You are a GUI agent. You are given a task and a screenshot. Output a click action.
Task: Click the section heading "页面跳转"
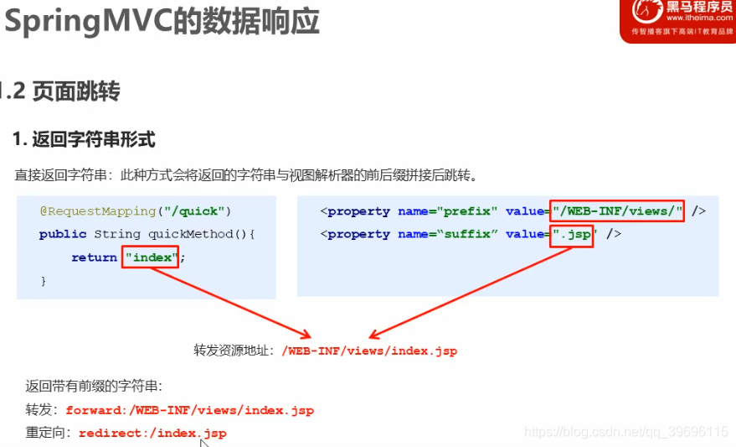pyautogui.click(x=76, y=91)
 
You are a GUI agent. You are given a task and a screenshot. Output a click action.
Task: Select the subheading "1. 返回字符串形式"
pyautogui.click(x=84, y=139)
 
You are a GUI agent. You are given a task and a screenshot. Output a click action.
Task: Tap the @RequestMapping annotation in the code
pyautogui.click(x=98, y=211)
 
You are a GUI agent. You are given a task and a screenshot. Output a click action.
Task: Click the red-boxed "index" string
pyautogui.click(x=151, y=257)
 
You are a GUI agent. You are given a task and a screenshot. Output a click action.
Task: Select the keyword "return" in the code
pyautogui.click(x=94, y=257)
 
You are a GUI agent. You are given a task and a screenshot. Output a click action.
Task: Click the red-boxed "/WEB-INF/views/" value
pyautogui.click(x=617, y=211)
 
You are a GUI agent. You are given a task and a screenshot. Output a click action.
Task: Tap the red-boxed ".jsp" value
pyautogui.click(x=572, y=234)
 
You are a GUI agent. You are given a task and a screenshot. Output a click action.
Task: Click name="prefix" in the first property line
pyautogui.click(x=448, y=211)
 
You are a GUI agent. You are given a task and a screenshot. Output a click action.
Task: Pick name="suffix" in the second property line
pyautogui.click(x=448, y=234)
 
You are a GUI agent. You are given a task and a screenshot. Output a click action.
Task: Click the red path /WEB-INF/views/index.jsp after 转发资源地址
pyautogui.click(x=369, y=351)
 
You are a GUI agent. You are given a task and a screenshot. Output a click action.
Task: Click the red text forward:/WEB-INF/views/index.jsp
pyautogui.click(x=189, y=410)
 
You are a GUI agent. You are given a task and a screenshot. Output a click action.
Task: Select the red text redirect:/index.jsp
pyautogui.click(x=152, y=433)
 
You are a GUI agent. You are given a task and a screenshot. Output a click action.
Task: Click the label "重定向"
pyautogui.click(x=48, y=433)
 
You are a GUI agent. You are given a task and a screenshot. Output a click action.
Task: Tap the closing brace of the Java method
pyautogui.click(x=44, y=281)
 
